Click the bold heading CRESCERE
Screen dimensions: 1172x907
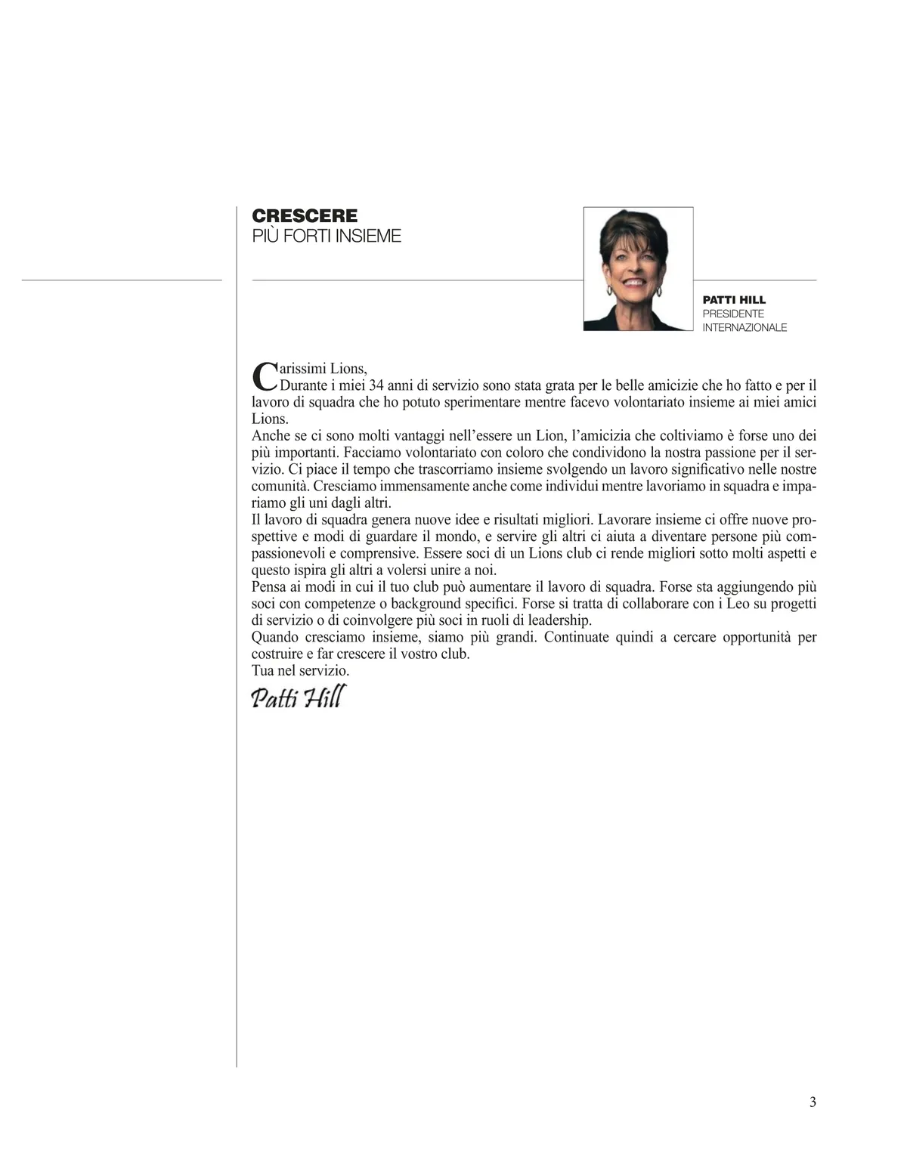[x=305, y=216]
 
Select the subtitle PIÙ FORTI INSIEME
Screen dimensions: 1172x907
[x=326, y=236]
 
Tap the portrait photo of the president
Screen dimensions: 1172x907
[x=638, y=269]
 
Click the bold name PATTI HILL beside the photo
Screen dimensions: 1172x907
[x=734, y=300]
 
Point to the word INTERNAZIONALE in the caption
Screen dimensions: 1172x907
[x=744, y=327]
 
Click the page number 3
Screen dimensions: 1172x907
[x=813, y=1102]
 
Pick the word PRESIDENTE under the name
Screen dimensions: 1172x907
[x=733, y=314]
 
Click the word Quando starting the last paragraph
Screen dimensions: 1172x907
[x=275, y=637]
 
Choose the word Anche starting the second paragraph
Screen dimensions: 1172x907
[x=271, y=436]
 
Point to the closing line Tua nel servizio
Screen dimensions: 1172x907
[x=300, y=670]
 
